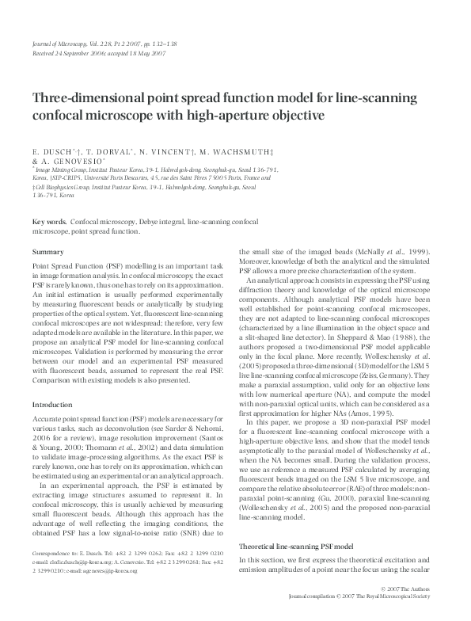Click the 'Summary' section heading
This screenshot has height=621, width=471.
tap(47, 251)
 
